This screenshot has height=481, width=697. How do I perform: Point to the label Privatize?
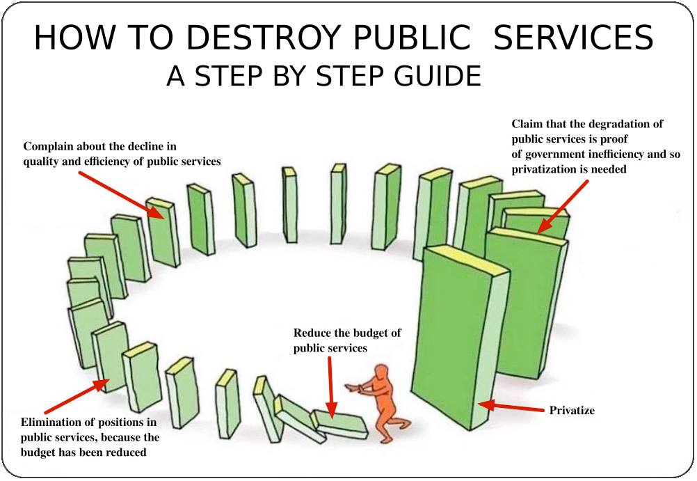tap(572, 410)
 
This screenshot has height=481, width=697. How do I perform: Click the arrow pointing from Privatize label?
tap(511, 406)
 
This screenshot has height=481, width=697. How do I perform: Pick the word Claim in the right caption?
tap(527, 124)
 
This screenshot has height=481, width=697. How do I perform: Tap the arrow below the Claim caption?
tap(563, 206)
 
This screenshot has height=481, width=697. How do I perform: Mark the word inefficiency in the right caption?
tap(615, 154)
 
